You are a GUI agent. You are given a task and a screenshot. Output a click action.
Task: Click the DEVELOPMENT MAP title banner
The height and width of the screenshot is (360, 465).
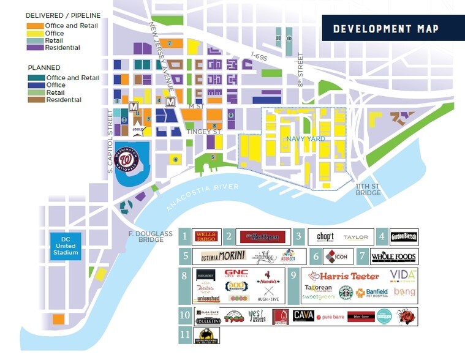385,29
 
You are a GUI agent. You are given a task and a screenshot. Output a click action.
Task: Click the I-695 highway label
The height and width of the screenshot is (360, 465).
260,55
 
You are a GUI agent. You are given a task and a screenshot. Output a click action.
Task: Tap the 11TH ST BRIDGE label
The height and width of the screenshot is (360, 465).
368,189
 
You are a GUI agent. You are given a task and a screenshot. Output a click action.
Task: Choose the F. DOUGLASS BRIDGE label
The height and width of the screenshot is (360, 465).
146,236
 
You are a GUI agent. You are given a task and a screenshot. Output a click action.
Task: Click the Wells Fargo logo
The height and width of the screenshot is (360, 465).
206,236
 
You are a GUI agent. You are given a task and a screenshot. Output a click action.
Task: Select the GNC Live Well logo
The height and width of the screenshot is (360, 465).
236,274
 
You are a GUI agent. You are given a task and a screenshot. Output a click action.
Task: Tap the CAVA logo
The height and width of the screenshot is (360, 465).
303,315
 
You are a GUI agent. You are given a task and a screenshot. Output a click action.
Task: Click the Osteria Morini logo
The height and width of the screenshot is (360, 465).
224,255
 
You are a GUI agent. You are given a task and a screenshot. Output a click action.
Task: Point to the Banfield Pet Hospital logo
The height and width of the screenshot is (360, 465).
373,293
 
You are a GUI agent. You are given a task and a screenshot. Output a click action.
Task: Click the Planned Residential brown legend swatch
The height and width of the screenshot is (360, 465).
36,100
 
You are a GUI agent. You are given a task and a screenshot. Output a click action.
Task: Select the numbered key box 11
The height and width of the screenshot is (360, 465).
184,335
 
